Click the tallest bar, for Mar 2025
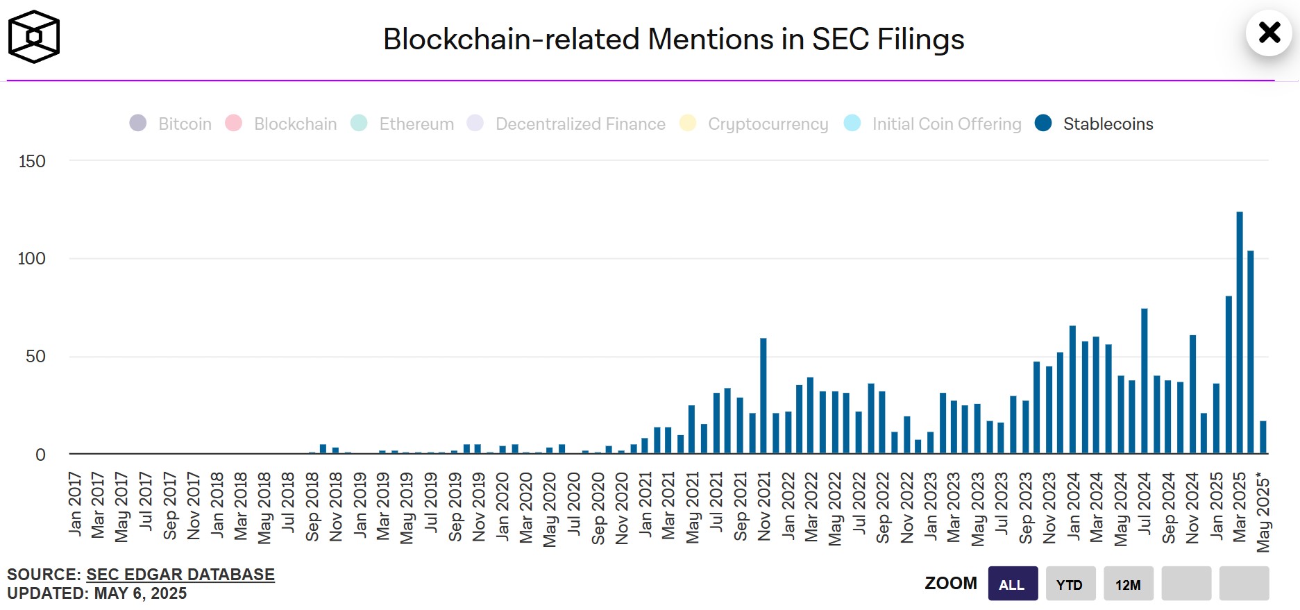pyautogui.click(x=1240, y=333)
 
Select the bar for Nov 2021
pyautogui.click(x=763, y=396)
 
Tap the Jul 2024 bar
pyautogui.click(x=1145, y=381)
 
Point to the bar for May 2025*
pyautogui.click(x=1263, y=437)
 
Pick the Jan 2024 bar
pyautogui.click(x=1073, y=389)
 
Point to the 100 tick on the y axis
pyautogui.click(x=32, y=258)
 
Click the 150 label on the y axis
pyautogui.click(x=32, y=161)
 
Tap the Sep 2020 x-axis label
pyautogui.click(x=598, y=508)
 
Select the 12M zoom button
pyautogui.click(x=1128, y=584)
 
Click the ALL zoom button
pyautogui.click(x=1012, y=584)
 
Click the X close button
pyautogui.click(x=1269, y=33)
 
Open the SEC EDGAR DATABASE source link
pyautogui.click(x=180, y=575)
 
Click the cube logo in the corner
pyautogui.click(x=34, y=37)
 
